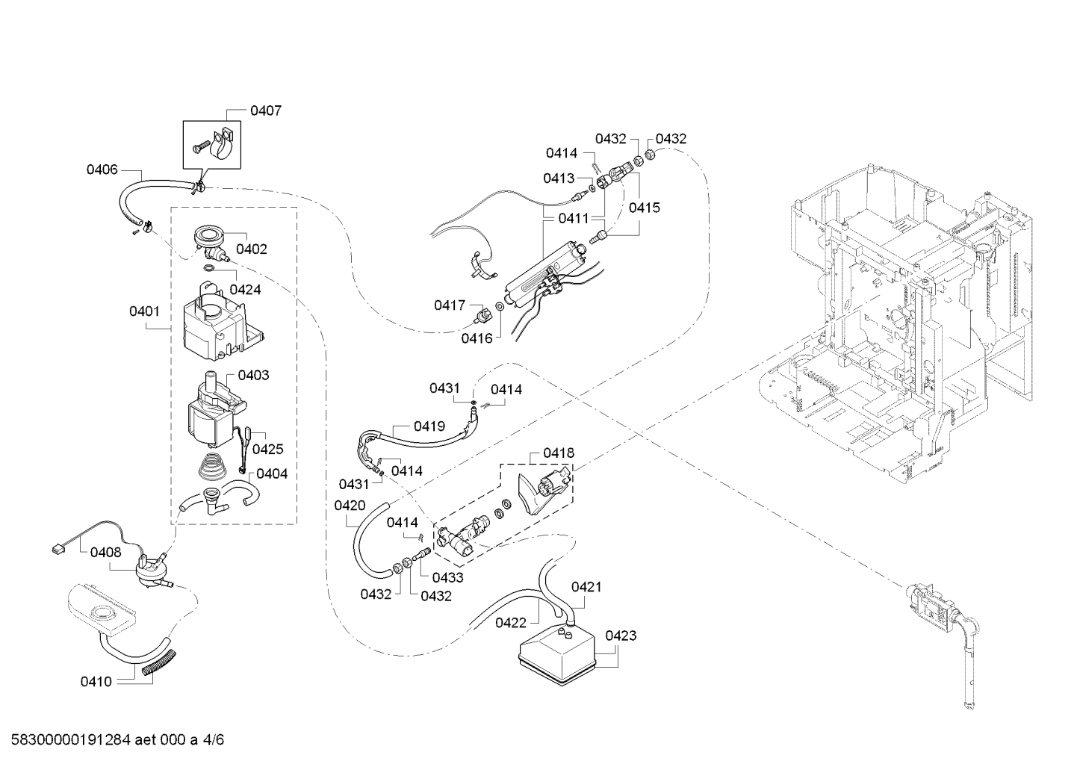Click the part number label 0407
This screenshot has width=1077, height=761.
tap(266, 111)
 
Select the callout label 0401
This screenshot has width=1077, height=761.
tap(144, 311)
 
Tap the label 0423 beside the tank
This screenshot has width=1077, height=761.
tap(621, 636)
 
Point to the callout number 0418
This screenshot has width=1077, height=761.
tap(559, 453)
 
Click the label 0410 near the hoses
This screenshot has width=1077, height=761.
tap(96, 682)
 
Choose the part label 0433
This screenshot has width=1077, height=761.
tap(447, 577)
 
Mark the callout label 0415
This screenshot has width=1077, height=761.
tap(645, 208)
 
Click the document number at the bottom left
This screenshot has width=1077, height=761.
tap(117, 739)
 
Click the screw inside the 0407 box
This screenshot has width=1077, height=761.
tap(200, 146)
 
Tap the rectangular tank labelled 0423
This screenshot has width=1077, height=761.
tap(556, 658)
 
